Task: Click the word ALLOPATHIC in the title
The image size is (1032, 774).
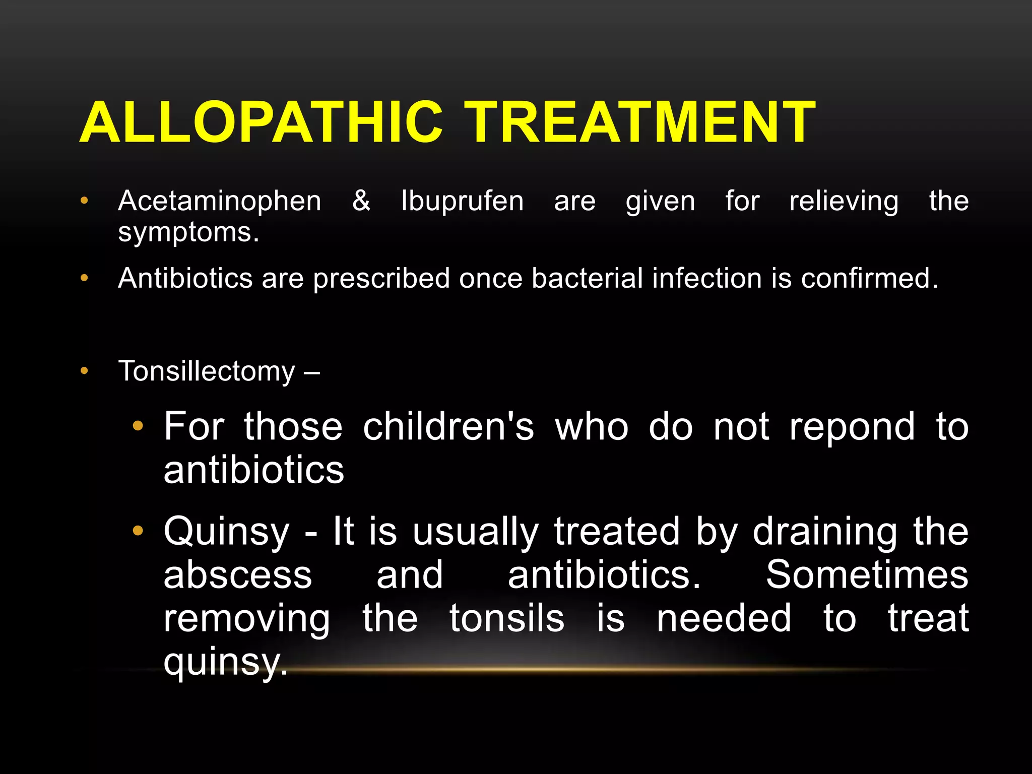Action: click(261, 122)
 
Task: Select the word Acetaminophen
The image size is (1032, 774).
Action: click(220, 202)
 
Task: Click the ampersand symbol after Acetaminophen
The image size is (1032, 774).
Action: click(361, 201)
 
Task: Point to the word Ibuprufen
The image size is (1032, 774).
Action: click(462, 202)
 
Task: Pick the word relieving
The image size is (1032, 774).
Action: click(844, 202)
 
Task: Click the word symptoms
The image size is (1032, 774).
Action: click(188, 233)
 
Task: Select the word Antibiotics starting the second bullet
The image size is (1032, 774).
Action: click(185, 278)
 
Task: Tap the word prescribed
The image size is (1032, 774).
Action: click(381, 279)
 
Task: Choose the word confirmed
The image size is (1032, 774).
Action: click(870, 278)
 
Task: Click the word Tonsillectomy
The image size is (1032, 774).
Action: click(207, 372)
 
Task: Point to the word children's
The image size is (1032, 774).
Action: click(448, 427)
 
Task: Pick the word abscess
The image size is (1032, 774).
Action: click(238, 575)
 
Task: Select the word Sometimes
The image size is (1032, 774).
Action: click(867, 575)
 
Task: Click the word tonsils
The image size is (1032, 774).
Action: click(506, 619)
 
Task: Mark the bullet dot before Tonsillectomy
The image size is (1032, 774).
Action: click(84, 371)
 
